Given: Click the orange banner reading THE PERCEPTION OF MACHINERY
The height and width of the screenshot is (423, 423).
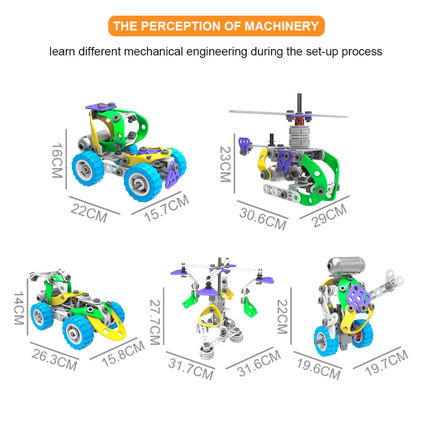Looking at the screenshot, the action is [216, 26].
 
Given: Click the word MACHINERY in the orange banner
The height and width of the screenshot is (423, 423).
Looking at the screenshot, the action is [282, 26].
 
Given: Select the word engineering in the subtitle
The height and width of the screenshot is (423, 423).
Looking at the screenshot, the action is [217, 52].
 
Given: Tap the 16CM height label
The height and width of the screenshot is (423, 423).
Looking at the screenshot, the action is [57, 160].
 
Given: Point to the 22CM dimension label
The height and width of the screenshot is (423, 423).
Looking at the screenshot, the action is [89, 213].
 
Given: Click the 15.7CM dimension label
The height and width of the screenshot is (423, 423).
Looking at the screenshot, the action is [166, 208].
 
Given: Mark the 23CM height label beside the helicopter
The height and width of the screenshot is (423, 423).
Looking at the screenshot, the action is [225, 164].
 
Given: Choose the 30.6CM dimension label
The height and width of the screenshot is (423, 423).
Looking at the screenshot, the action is [263, 219].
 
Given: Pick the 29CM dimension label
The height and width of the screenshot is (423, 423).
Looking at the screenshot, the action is [329, 216].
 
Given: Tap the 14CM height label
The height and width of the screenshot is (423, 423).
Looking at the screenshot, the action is [19, 308].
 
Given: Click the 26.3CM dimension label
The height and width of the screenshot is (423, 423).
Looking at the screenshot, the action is [55, 359].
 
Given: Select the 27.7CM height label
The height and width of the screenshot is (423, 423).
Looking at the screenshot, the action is [155, 322].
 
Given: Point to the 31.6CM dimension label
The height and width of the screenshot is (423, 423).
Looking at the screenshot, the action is [259, 363].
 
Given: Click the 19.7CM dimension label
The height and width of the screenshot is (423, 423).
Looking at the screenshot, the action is [387, 363].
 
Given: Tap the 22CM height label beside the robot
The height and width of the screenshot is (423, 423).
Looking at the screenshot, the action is [283, 316].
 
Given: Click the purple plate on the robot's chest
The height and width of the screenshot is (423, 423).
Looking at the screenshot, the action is [358, 297].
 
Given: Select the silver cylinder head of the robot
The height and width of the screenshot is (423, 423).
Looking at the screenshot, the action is [346, 266].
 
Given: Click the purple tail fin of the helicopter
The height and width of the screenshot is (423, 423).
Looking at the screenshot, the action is [244, 146].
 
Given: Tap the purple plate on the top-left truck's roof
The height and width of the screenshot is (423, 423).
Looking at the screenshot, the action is [101, 106].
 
